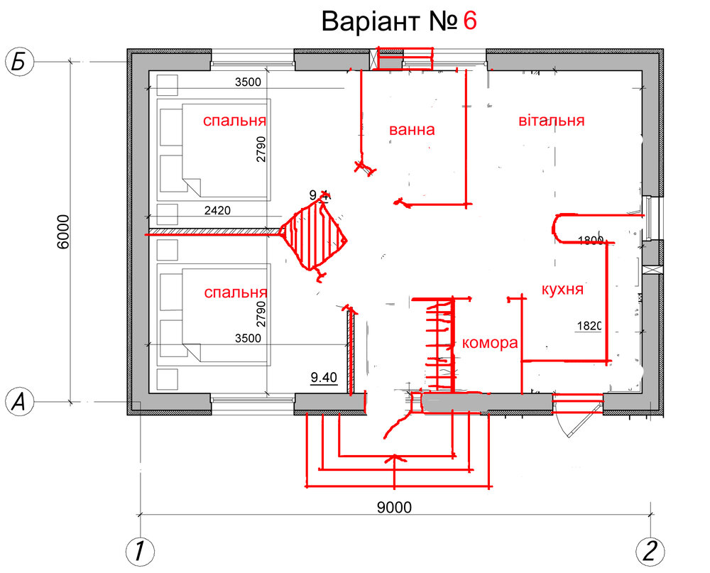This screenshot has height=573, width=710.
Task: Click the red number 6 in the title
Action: pos(469,21)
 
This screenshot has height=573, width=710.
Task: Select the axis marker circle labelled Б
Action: pos(20,62)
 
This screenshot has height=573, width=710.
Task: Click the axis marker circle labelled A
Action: pos(20,403)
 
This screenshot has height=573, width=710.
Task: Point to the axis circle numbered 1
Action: pos(140,550)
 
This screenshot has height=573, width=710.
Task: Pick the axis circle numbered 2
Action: pos(650,550)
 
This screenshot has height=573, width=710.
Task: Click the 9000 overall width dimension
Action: pos(395,507)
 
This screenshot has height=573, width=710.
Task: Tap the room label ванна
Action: pos(411,131)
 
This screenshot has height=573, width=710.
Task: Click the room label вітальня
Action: pos(552,121)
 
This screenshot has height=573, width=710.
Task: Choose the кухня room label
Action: pos(562,289)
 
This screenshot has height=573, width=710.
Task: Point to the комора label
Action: pos(489,344)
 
